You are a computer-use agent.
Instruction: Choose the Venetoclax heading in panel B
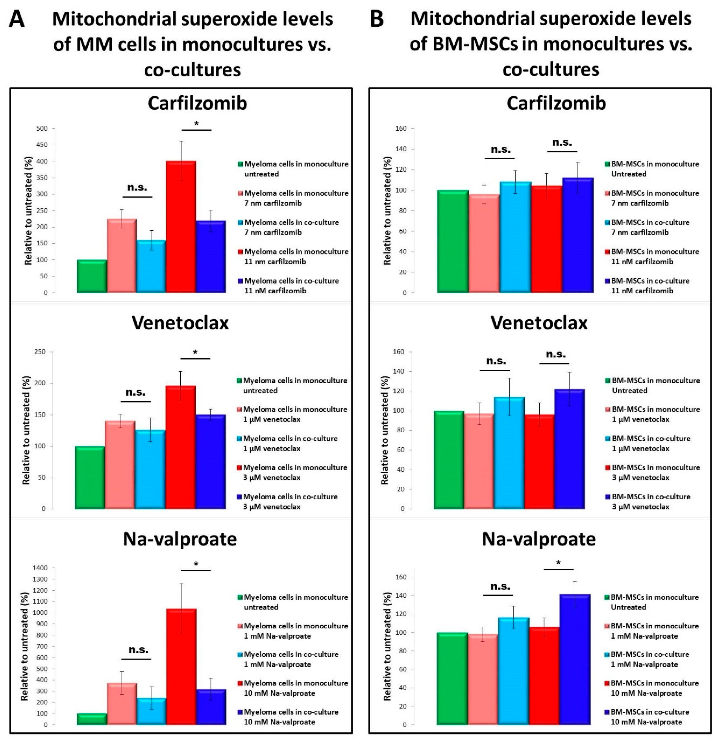(x=539, y=323)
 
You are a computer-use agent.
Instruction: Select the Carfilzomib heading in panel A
(x=197, y=103)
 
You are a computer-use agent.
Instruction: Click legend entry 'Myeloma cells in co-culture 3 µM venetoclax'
(x=290, y=502)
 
